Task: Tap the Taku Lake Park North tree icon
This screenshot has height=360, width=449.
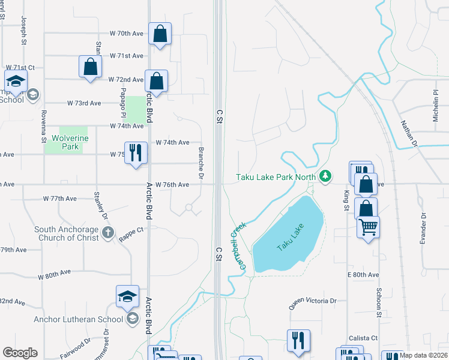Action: click(x=325, y=176)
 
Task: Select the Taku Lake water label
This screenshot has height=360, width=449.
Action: click(x=291, y=237)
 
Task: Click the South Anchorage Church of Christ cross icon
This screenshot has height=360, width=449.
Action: click(x=107, y=233)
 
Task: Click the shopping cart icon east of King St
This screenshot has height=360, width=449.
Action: click(x=367, y=227)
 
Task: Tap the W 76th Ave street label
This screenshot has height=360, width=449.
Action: click(x=172, y=185)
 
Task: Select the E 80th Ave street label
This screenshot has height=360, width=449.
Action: click(x=363, y=275)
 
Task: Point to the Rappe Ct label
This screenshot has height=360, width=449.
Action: click(x=131, y=230)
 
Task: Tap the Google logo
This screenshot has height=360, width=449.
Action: click(x=20, y=352)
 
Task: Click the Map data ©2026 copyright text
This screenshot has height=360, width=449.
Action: click(x=424, y=355)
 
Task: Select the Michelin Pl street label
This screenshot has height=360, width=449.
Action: click(x=436, y=106)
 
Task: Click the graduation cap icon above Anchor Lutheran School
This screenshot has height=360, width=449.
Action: click(x=127, y=296)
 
